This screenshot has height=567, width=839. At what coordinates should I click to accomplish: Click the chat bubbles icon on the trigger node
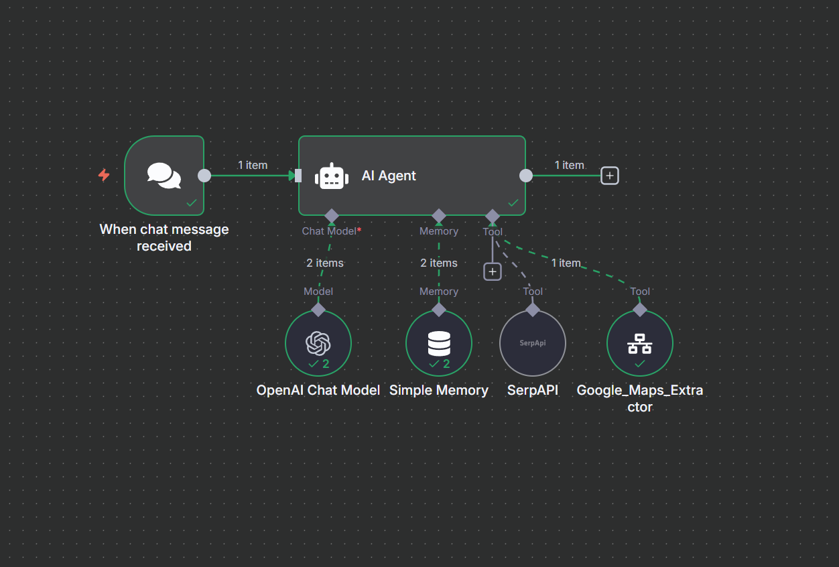pyautogui.click(x=164, y=176)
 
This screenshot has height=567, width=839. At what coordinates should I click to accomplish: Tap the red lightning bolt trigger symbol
pyautogui.click(x=104, y=175)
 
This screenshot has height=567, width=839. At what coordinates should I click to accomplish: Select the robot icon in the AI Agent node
pyautogui.click(x=332, y=176)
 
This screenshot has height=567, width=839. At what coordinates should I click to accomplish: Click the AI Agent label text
pyautogui.click(x=389, y=176)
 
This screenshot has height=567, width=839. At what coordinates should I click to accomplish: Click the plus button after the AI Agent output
pyautogui.click(x=609, y=176)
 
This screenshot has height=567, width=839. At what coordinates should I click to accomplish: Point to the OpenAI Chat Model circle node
pyautogui.click(x=318, y=343)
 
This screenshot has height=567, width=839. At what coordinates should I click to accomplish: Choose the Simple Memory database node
pyautogui.click(x=439, y=343)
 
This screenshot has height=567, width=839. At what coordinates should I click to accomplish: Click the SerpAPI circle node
pyautogui.click(x=533, y=343)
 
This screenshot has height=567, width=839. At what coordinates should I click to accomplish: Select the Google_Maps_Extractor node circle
pyautogui.click(x=640, y=343)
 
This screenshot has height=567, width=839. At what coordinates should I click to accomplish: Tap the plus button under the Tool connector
pyautogui.click(x=493, y=271)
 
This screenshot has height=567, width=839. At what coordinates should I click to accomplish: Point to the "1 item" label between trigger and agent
pyautogui.click(x=253, y=165)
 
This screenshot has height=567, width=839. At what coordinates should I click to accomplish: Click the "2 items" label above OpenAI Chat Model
pyautogui.click(x=325, y=263)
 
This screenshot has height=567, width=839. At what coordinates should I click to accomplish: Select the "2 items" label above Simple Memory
pyautogui.click(x=439, y=263)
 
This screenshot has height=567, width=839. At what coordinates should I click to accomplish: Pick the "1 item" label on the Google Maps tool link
pyautogui.click(x=566, y=263)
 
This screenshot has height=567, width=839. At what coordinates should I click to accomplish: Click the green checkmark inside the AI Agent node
pyautogui.click(x=513, y=202)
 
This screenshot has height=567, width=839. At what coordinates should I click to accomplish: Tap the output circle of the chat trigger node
pyautogui.click(x=204, y=176)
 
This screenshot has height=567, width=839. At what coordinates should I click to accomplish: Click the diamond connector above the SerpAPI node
pyautogui.click(x=533, y=310)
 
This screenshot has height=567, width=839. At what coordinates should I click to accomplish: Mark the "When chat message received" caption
pyautogui.click(x=164, y=237)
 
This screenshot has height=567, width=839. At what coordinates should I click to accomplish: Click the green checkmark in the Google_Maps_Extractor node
pyautogui.click(x=640, y=363)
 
